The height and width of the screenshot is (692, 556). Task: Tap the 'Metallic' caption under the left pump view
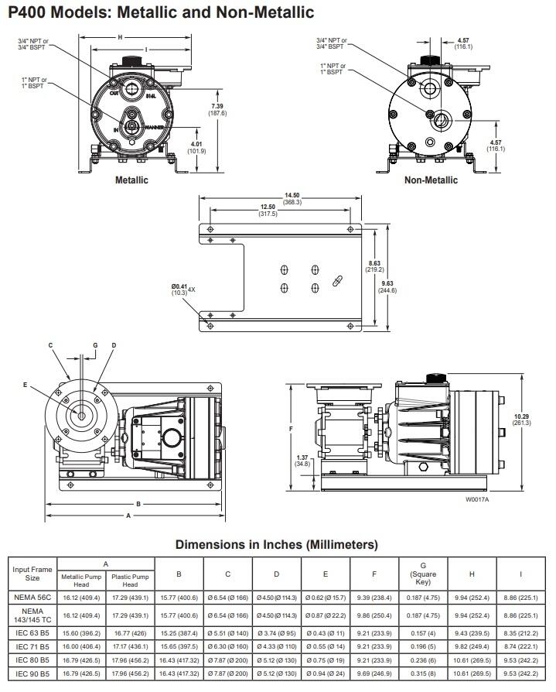(x=131, y=180)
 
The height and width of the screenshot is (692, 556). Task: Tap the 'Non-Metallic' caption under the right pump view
(x=431, y=180)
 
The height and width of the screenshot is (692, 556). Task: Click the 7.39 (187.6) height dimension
(x=217, y=109)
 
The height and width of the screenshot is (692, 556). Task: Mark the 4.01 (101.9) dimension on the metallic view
(x=198, y=146)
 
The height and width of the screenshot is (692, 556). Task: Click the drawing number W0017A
(x=478, y=500)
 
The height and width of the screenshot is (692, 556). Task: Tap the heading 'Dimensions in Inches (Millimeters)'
(x=277, y=544)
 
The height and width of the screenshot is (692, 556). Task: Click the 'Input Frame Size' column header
(x=32, y=574)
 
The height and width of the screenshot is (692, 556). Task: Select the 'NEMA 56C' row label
(x=32, y=597)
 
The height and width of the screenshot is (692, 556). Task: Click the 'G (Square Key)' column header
(x=423, y=574)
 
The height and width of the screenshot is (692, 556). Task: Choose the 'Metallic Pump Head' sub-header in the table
(x=81, y=581)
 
